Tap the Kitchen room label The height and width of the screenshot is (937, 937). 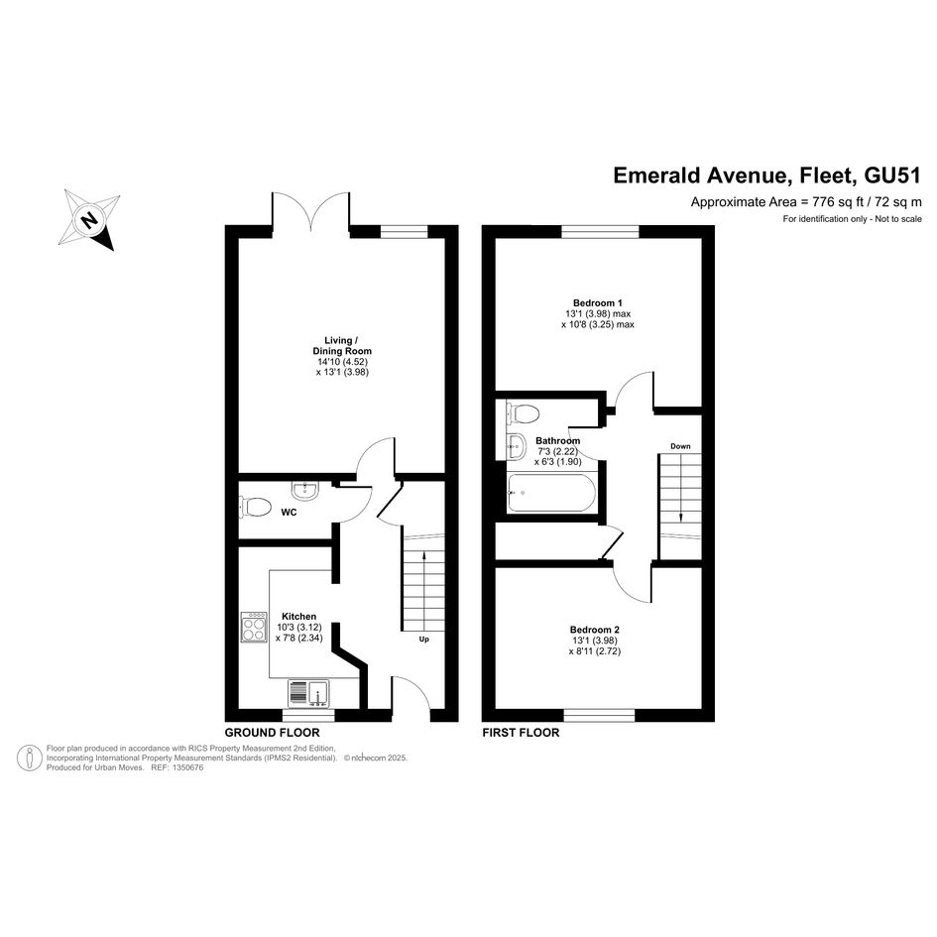298,617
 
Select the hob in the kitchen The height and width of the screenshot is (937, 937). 254,627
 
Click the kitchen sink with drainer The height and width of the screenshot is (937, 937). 309,693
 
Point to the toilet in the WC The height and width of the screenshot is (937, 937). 255,508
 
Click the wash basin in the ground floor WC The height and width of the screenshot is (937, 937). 306,490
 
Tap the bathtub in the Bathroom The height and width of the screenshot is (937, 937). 551,493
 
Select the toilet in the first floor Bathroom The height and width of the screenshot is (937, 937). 522,412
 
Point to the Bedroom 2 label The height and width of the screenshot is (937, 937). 595,630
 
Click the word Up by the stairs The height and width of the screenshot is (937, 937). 423,640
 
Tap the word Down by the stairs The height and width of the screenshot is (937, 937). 680,446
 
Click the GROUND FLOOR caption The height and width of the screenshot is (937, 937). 272,733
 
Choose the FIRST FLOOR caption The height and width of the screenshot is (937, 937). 522,733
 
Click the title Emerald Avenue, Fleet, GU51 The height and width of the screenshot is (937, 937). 767,176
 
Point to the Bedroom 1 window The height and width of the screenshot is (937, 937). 600,232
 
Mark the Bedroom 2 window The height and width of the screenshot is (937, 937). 599,715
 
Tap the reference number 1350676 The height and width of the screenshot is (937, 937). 186,767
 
